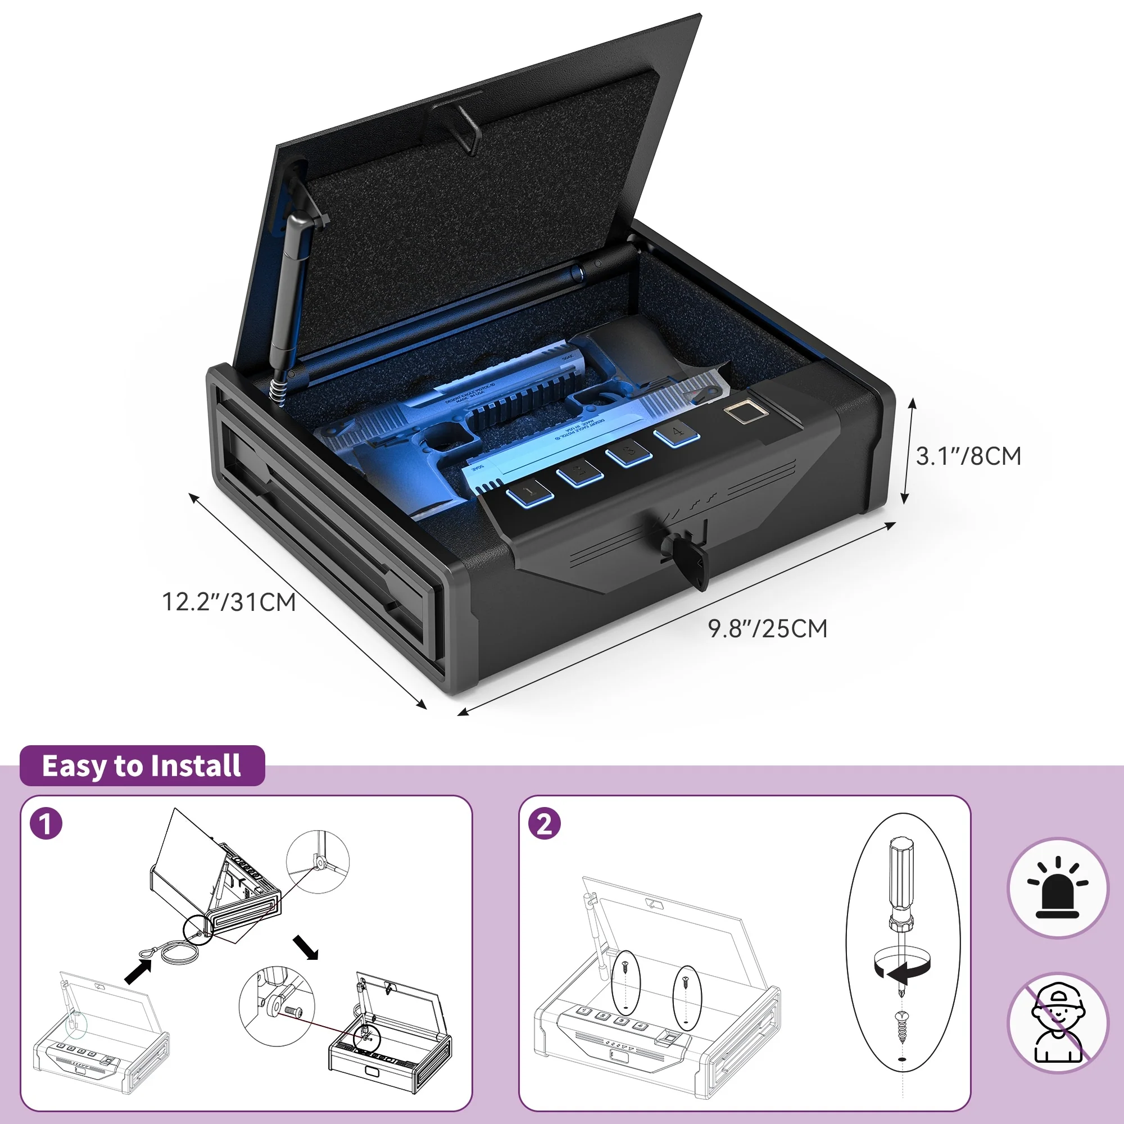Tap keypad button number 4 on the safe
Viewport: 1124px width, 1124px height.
coord(677,433)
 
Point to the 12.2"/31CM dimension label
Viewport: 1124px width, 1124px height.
coord(229,602)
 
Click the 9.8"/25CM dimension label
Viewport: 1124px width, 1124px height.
coord(767,629)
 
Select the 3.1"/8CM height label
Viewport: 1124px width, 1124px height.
coord(969,456)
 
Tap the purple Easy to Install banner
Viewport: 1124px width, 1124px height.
coord(142,766)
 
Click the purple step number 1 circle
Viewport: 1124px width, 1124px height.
coord(46,824)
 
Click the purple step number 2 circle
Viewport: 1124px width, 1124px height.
coord(544,824)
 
